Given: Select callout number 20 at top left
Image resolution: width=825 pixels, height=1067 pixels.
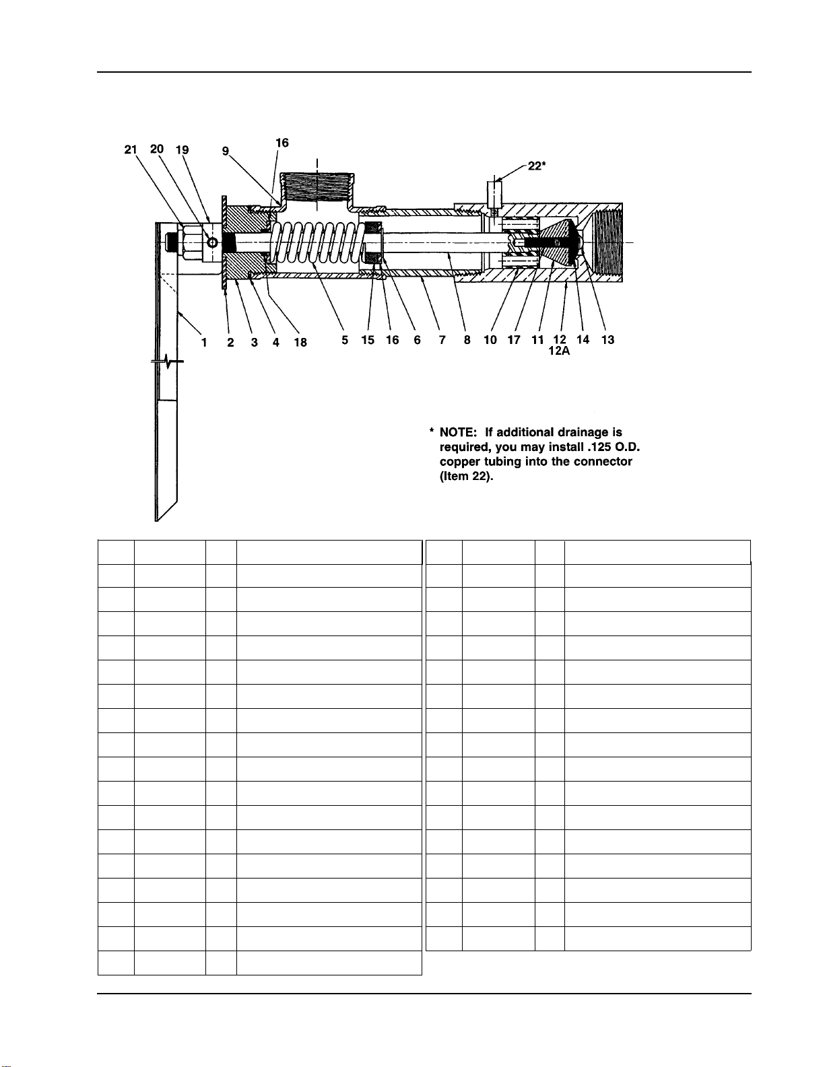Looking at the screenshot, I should pos(156,149).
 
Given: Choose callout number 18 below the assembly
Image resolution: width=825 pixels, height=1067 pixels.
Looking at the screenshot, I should pos(300,342).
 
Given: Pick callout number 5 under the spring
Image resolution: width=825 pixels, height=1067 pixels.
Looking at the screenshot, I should pos(345,341).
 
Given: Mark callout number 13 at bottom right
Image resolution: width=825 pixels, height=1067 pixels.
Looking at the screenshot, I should pos(607,340).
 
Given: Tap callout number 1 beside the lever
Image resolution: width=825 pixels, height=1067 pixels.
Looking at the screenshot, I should pos(203,342).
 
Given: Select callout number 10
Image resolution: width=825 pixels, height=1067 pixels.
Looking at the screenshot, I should pos(490,340).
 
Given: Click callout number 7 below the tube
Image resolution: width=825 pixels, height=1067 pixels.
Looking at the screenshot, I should pos(442,341).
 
